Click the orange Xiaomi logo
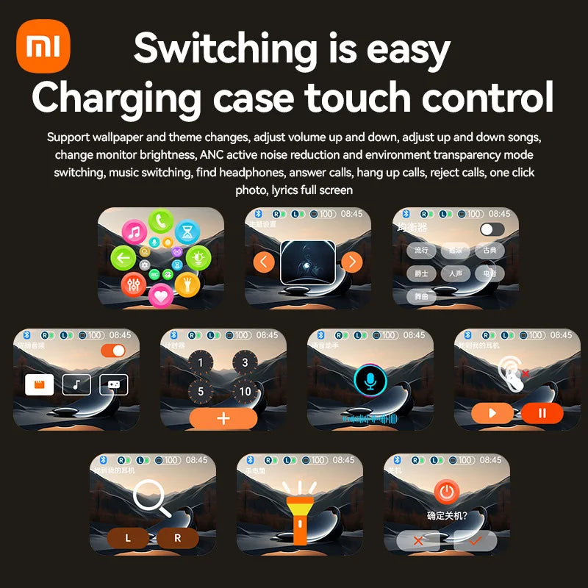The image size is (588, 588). (x=43, y=46)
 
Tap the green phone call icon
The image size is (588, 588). (x=161, y=220)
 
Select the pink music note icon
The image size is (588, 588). (x=135, y=233)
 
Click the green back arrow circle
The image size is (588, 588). (x=123, y=257)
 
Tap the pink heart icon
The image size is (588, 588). (x=160, y=295)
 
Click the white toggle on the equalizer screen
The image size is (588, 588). (x=492, y=229)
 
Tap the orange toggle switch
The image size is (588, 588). (x=113, y=351)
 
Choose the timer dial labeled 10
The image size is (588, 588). (x=245, y=391)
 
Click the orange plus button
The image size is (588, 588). (x=223, y=418)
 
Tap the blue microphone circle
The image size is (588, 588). (x=370, y=379)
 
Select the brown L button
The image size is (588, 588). (x=128, y=538)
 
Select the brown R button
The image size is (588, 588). (x=178, y=538)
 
